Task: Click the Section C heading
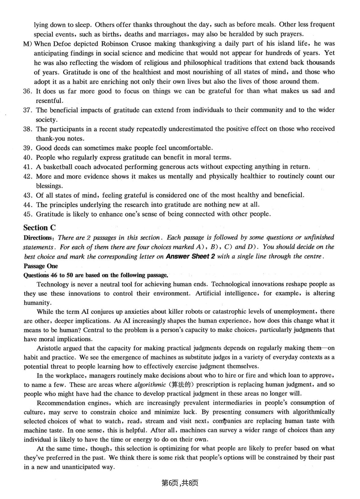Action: click(40, 228)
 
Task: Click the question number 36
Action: click(27, 91)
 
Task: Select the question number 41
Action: click(27, 167)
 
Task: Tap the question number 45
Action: click(27, 214)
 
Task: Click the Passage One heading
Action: click(41, 266)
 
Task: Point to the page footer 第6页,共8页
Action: click(180, 483)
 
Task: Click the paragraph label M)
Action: click(27, 44)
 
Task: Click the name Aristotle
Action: click(49, 348)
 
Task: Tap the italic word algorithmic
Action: click(150, 385)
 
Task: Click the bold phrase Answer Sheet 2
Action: click(191, 257)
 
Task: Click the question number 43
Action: click(27, 195)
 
